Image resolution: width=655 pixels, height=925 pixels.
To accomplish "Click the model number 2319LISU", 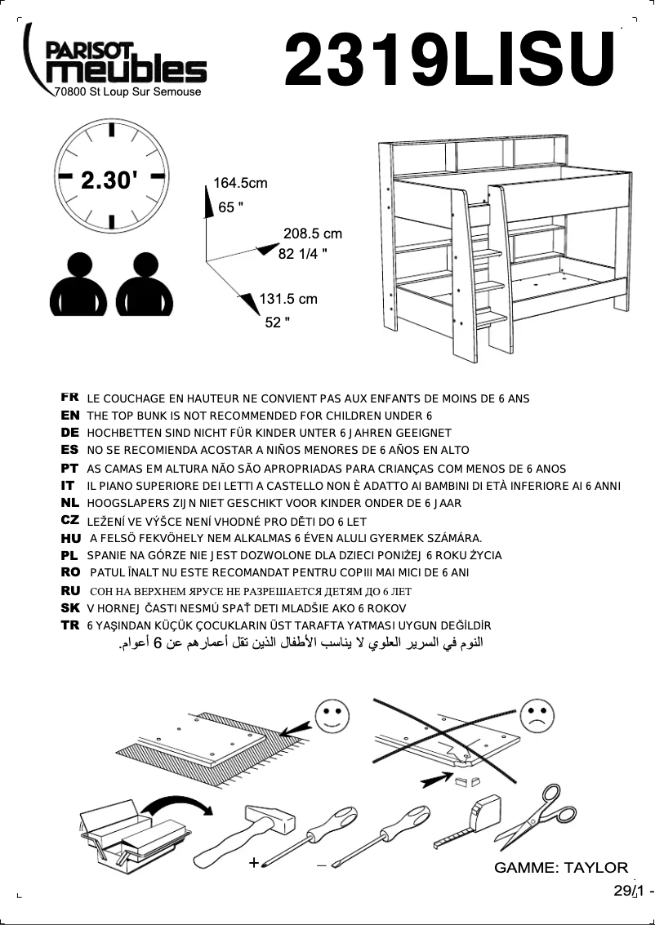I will (449, 61).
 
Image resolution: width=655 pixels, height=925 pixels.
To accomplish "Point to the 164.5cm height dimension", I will (240, 183).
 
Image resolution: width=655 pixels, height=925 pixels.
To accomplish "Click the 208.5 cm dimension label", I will (312, 233).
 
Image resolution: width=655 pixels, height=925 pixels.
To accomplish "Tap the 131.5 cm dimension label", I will (287, 299).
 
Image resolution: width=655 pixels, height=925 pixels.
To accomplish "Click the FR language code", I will (69, 398).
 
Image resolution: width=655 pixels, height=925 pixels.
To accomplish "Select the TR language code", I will (69, 625).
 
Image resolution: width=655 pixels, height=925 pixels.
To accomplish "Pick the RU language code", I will (69, 590).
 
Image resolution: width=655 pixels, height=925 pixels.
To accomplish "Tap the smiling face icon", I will (332, 716).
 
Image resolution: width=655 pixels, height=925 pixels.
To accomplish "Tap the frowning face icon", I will (536, 716).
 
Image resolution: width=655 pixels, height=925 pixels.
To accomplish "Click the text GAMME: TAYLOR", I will (561, 868).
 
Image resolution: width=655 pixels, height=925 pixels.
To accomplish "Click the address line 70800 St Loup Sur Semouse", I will (126, 91).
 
